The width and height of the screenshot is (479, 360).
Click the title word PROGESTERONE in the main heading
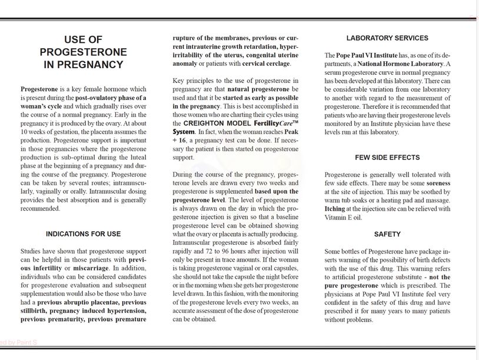(83, 52)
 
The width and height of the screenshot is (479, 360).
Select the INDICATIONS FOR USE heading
(83, 234)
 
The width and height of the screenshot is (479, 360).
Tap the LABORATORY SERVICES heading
(387, 38)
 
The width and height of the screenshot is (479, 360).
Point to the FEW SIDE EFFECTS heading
(387, 158)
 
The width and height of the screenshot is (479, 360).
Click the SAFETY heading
(387, 234)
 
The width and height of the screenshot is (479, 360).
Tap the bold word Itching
(335, 209)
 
